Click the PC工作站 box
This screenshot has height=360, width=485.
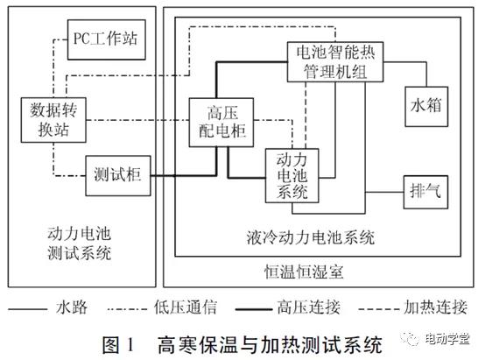[107, 39]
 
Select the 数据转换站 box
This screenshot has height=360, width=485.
[53, 120]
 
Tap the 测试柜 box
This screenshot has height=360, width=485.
[118, 175]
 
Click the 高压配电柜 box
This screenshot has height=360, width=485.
[221, 123]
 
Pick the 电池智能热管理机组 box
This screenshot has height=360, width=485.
[335, 62]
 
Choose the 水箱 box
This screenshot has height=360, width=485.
[426, 107]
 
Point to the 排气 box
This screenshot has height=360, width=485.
[425, 192]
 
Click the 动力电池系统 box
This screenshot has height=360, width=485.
[292, 175]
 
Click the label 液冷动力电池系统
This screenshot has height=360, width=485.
[310, 237]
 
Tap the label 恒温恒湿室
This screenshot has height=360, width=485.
[304, 272]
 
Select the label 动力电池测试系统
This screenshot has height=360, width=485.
[79, 244]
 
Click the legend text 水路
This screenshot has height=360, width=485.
[72, 307]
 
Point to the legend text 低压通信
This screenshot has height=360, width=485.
[186, 307]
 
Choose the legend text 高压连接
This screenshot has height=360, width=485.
[309, 307]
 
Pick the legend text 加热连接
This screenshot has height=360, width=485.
[435, 307]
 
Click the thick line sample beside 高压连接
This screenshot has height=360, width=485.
[254, 309]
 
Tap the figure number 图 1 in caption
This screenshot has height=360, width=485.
[119, 344]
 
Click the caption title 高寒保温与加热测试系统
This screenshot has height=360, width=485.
[270, 344]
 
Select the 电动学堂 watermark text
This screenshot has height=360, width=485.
[447, 339]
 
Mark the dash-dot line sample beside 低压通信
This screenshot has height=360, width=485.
[127, 309]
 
